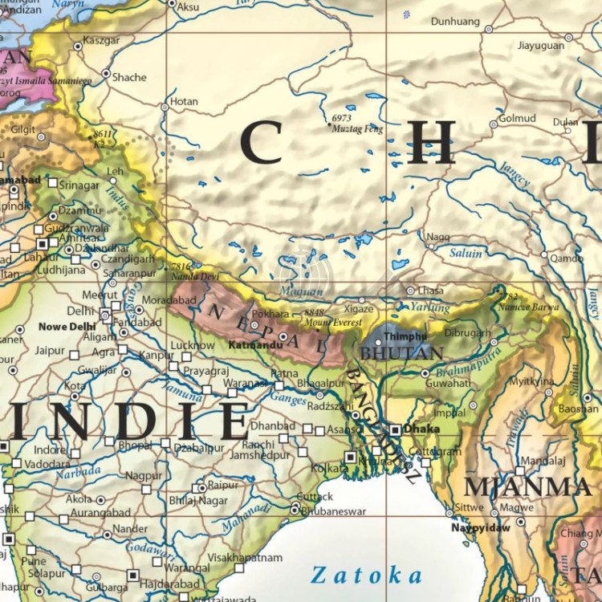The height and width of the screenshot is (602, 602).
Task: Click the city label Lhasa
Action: coord(430,291)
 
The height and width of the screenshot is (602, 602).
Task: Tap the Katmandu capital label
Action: coord(254,345)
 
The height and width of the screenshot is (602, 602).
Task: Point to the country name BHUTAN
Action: coord(389,352)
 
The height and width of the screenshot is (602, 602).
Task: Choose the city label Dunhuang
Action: coord(455,21)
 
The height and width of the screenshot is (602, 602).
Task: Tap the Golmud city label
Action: coord(517,118)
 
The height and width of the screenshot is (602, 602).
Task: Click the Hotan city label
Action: coord(184,102)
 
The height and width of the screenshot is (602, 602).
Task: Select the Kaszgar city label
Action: coord(100,40)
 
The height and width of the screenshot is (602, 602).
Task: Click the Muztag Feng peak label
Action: coord(357,128)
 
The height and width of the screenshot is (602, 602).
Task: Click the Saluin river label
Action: coord(465,254)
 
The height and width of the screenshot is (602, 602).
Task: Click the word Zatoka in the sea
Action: coord(366,575)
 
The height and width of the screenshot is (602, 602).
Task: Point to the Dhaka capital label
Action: coord(421,429)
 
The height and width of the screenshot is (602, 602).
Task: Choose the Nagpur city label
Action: coord(144,475)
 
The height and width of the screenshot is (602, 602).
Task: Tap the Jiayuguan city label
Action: coord(540,46)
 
